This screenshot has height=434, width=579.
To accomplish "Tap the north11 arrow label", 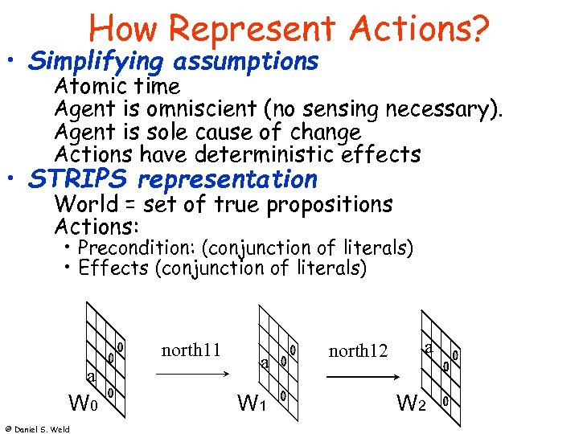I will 191,350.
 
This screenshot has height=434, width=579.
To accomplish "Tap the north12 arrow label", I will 358,351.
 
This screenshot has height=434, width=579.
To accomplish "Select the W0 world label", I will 84,399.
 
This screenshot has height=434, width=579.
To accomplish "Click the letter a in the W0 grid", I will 92,377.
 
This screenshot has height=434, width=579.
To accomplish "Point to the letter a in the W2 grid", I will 429,347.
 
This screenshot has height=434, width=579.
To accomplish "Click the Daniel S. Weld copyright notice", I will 36,428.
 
